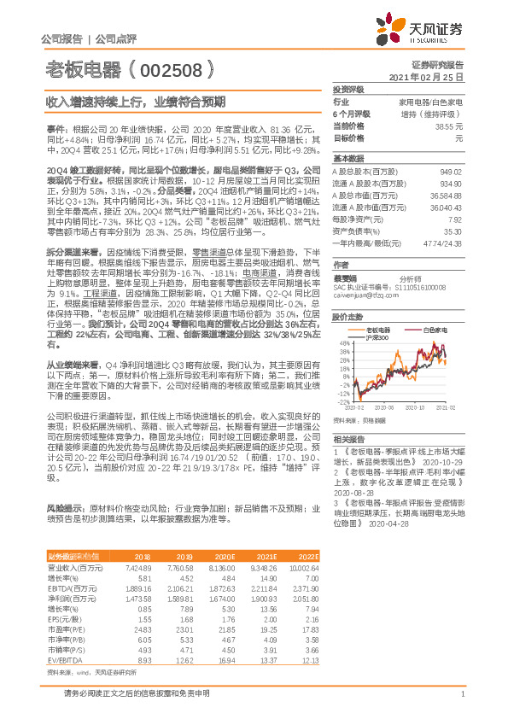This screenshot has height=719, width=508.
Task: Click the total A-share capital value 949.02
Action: tap(452, 171)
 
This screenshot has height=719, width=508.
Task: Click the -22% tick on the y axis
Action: tap(342, 400)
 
